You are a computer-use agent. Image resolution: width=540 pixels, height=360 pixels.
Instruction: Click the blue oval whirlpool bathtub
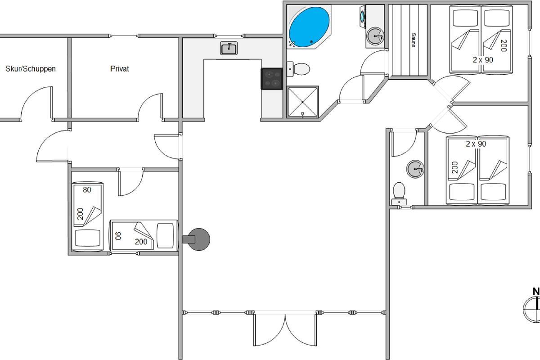(309, 27)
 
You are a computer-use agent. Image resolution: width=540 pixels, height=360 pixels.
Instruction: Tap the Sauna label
(414, 40)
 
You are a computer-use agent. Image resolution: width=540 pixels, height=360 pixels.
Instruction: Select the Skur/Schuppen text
(31, 69)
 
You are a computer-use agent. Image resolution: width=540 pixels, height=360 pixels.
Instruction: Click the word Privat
(120, 69)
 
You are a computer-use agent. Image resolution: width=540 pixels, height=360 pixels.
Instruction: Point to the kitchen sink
(229, 48)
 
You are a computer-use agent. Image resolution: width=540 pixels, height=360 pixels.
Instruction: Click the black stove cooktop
(272, 79)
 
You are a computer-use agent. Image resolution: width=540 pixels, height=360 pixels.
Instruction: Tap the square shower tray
(303, 102)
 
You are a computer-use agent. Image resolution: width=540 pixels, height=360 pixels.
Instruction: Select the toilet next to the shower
(298, 69)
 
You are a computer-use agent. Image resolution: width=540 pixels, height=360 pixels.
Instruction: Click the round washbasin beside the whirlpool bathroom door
(375, 36)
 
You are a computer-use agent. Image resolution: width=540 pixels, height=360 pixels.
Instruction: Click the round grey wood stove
(198, 239)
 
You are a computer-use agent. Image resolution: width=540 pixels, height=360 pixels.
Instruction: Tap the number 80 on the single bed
(87, 190)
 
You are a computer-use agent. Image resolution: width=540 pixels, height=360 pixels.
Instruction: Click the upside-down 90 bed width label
(118, 236)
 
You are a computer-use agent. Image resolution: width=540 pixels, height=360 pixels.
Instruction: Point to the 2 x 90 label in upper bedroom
(483, 60)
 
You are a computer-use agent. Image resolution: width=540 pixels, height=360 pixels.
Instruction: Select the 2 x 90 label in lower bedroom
(476, 144)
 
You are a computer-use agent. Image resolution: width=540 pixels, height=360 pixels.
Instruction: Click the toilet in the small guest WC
(399, 193)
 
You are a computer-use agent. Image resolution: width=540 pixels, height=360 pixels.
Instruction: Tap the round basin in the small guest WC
(415, 169)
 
